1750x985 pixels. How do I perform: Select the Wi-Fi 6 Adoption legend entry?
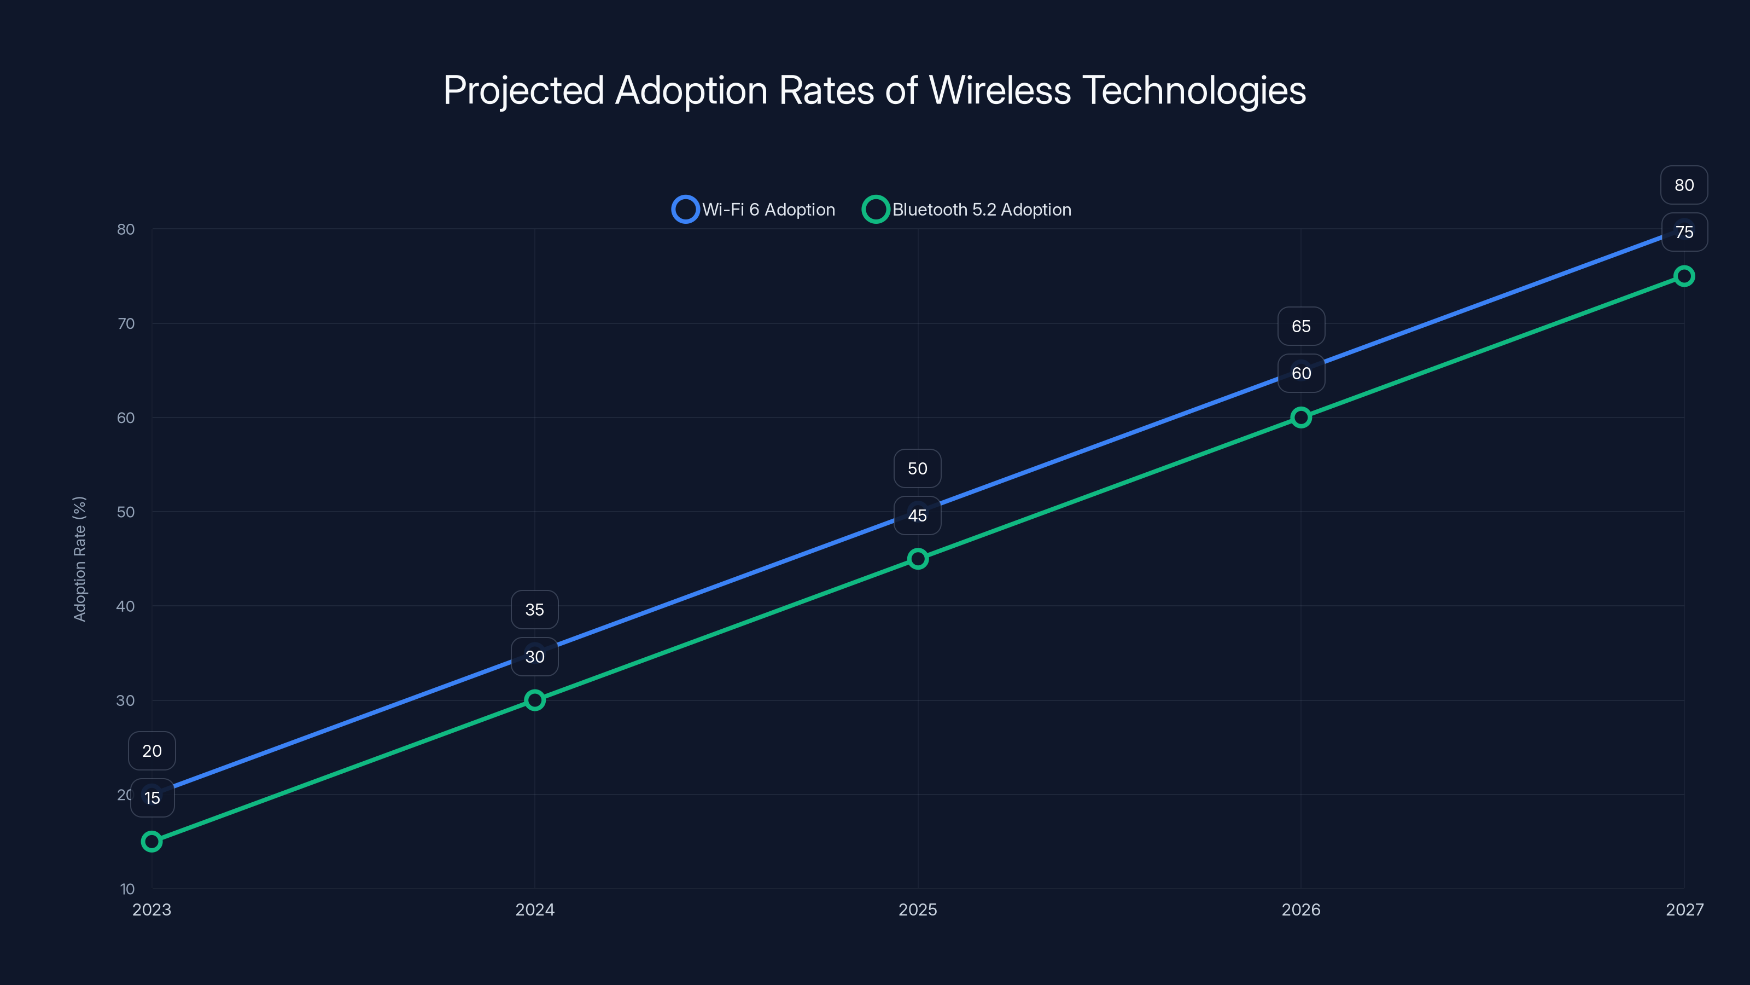754,210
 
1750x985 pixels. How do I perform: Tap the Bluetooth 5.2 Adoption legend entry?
967,210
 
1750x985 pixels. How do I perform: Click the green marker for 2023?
151,842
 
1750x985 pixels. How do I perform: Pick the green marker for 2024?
535,700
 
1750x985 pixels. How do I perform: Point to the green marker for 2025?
918,559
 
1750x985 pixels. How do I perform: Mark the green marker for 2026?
1301,418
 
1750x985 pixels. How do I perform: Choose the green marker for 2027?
1684,276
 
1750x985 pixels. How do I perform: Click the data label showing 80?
1684,185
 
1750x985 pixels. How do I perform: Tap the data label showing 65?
1301,326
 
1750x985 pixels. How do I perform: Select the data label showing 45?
917,515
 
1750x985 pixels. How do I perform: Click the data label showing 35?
535,610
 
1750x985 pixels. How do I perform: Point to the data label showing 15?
152,798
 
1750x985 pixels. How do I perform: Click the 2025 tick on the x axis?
918,909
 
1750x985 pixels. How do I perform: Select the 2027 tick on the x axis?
1684,909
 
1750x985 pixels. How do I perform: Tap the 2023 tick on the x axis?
151,909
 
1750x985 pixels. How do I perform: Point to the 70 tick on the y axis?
126,323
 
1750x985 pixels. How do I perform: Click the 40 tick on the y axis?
126,606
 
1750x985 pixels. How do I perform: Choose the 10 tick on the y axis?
127,889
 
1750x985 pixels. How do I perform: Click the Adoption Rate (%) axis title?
79,559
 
